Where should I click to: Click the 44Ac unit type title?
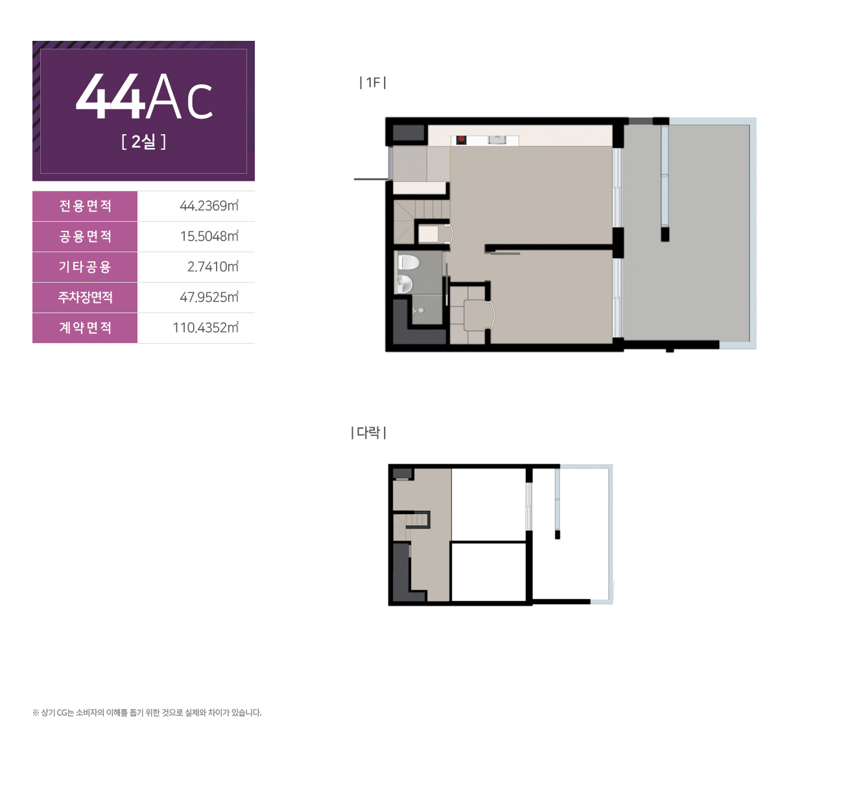tap(144, 97)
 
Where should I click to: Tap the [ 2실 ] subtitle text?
tap(144, 141)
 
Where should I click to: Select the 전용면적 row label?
tap(86, 206)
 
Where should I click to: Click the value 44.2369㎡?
tap(209, 206)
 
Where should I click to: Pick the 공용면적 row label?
tap(86, 236)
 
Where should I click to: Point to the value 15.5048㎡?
tap(209, 236)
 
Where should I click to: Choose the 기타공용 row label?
tap(86, 266)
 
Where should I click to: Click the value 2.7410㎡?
tap(213, 266)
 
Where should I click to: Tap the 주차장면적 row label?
tap(86, 297)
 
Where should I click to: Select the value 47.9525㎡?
tap(209, 297)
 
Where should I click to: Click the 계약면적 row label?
tap(86, 327)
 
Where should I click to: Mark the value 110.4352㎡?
tap(206, 327)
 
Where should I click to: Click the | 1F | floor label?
tap(373, 82)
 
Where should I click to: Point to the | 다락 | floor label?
tap(368, 432)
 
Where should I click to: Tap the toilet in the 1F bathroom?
tap(409, 262)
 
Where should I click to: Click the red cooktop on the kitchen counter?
tap(461, 140)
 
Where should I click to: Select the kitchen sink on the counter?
tap(497, 139)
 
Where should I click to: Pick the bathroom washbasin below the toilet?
tap(405, 284)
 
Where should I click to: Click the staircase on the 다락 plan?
tap(410, 526)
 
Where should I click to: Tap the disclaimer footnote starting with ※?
tap(147, 713)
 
